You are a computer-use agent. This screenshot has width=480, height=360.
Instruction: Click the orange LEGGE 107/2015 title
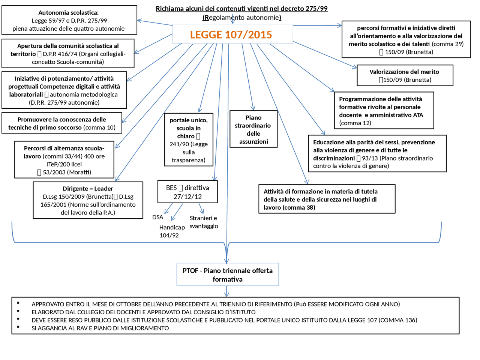tap(231, 35)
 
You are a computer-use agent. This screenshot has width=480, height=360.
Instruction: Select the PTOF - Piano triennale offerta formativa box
tap(228, 275)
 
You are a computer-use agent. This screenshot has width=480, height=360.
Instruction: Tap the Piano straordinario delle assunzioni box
tap(253, 129)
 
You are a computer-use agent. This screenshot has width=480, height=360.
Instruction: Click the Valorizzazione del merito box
tap(405, 75)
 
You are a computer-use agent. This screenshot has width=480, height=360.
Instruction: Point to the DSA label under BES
tap(157, 217)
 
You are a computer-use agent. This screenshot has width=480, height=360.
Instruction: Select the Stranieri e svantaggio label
tap(204, 222)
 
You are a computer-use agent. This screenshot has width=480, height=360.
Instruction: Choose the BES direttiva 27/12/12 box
tap(187, 192)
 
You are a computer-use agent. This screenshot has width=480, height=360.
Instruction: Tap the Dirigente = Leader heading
tap(88, 189)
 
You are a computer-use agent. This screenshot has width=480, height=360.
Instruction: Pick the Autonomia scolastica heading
tap(69, 13)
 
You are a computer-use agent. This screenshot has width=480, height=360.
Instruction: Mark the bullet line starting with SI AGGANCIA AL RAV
tap(100, 328)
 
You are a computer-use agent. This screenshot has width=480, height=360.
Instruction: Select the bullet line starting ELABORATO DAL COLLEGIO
tap(144, 312)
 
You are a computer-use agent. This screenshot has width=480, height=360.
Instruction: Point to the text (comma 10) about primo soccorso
tap(99, 127)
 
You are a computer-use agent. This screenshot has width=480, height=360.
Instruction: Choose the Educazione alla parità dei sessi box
tap(377, 154)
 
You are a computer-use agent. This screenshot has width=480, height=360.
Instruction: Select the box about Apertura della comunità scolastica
tap(68, 54)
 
